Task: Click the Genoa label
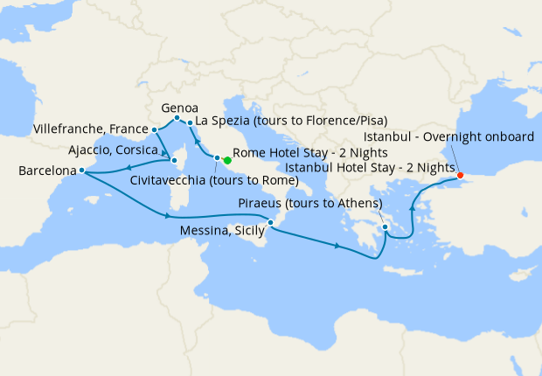[179, 108]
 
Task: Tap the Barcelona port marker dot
[81, 171]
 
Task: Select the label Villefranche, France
[90, 129]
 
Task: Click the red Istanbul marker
[461, 175]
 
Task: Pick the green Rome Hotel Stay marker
[227, 160]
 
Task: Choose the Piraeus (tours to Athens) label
[310, 204]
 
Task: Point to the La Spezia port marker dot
[190, 123]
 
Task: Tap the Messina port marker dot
[271, 223]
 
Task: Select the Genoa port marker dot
[177, 118]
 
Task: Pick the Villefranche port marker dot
[154, 129]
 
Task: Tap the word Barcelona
[47, 171]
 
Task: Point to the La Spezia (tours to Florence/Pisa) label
[291, 121]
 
